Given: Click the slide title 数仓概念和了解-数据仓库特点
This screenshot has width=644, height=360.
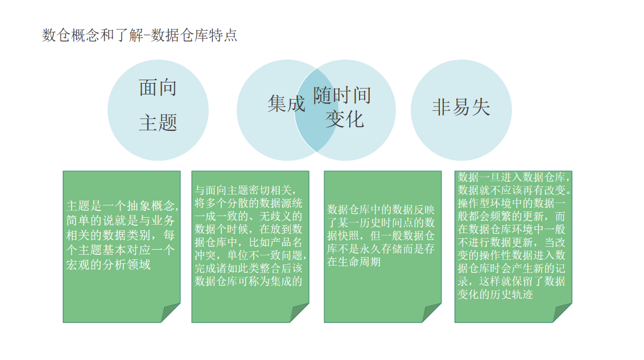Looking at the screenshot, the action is pos(140,35).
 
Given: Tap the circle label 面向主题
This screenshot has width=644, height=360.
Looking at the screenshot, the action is pos(158,105).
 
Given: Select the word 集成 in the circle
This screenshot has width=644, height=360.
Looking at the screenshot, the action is pos(286,104).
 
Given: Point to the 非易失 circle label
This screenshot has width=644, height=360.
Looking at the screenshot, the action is pos(461,107).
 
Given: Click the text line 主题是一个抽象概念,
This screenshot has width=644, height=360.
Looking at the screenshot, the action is pos(123,205).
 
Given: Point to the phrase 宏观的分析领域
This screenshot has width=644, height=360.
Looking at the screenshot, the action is pos(109,264).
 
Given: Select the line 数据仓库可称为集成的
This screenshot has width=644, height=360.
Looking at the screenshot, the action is pos(249,281).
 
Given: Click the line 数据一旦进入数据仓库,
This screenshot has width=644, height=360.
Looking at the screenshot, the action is pos(514,176).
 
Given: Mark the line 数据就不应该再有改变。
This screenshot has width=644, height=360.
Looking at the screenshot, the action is pos(514,189).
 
